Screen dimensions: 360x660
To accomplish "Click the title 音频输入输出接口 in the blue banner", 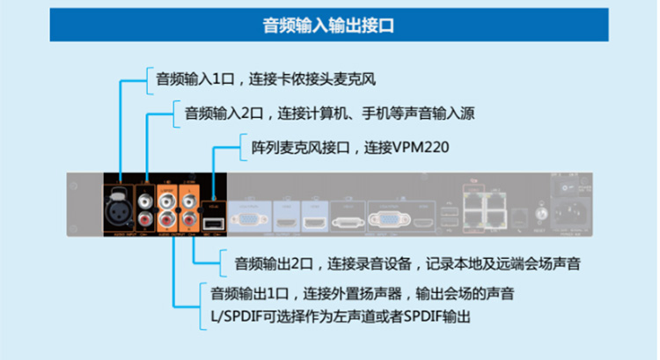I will pyautogui.click(x=329, y=25).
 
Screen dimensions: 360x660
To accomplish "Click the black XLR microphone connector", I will pyautogui.click(x=116, y=200).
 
